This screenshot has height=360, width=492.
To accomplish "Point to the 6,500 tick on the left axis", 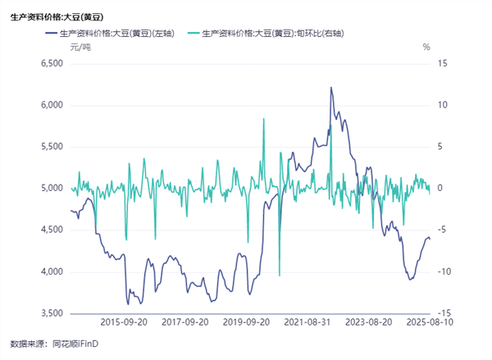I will coord(51,63).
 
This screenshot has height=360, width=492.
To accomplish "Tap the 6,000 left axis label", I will coord(51,105).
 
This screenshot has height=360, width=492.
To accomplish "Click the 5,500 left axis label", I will coord(51,147).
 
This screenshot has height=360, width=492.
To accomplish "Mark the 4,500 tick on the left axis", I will coord(51,230).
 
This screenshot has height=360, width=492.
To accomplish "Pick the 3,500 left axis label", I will coord(51,313).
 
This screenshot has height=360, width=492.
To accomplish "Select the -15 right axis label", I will coord(443,313).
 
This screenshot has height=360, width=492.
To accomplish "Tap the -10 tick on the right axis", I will coord(443,271).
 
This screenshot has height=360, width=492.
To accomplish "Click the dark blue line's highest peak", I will coord(331,88).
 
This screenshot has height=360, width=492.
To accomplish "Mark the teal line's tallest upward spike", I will coord(264,119).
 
